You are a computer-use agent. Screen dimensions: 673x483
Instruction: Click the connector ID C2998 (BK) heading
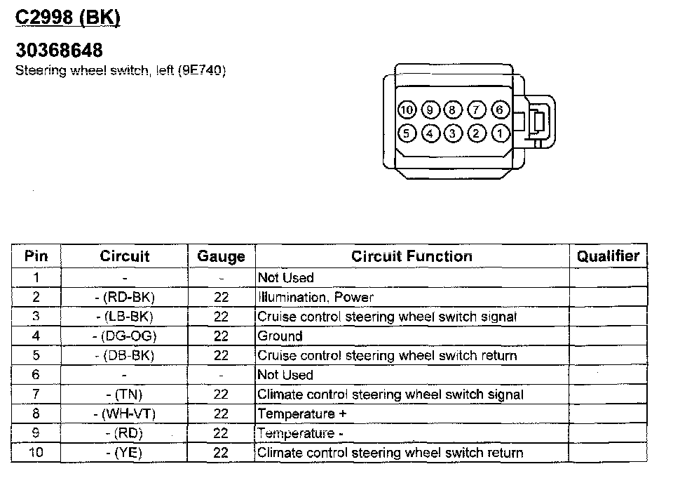click(67, 18)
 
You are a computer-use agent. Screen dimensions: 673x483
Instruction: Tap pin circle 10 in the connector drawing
click(407, 110)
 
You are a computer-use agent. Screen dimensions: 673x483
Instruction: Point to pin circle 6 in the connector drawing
click(499, 110)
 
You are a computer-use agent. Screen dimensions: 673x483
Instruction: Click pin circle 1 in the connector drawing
click(499, 133)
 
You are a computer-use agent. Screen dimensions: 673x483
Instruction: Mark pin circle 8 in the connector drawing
click(453, 110)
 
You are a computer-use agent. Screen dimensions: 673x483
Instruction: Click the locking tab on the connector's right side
click(537, 122)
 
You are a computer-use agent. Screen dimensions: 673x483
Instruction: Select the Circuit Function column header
click(412, 256)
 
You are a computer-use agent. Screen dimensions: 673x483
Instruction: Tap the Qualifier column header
click(608, 256)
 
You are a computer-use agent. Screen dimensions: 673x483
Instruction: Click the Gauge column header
click(221, 256)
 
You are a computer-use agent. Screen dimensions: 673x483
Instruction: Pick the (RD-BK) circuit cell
click(124, 297)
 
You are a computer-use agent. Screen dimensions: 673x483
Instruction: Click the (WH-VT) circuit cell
click(124, 413)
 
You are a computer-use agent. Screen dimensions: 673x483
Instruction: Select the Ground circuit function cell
click(280, 336)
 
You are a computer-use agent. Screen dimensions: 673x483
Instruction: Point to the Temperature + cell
click(302, 413)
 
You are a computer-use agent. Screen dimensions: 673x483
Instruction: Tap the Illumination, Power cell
click(315, 297)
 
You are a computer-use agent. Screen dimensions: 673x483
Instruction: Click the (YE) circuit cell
click(124, 453)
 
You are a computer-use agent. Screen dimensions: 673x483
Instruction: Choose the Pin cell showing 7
click(36, 395)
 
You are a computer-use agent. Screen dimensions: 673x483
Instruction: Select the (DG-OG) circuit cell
click(124, 336)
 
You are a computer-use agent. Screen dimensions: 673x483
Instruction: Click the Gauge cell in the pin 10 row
click(221, 453)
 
